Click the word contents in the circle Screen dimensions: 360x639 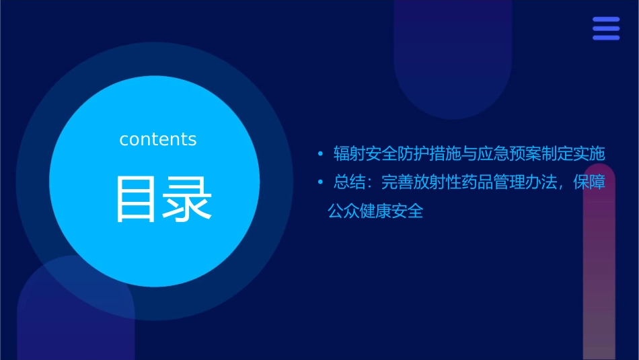click(158, 139)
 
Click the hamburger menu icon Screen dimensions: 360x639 click(606, 29)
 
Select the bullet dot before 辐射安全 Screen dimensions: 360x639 click(321, 154)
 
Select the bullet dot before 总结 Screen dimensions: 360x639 click(321, 183)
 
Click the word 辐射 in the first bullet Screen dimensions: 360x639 click(349, 154)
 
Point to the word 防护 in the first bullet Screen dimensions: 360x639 click(413, 154)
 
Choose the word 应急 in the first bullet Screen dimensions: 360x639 click(494, 154)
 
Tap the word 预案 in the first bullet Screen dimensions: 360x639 click(525, 154)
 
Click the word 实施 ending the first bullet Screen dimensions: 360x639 click(590, 154)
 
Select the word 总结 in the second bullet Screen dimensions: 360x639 click(349, 183)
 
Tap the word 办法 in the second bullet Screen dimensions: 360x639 click(541, 183)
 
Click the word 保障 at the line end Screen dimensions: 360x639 click(590, 183)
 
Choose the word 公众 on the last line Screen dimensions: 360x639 click(343, 211)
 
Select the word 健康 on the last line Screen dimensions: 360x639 click(375, 211)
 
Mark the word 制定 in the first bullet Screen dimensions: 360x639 click(558, 154)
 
